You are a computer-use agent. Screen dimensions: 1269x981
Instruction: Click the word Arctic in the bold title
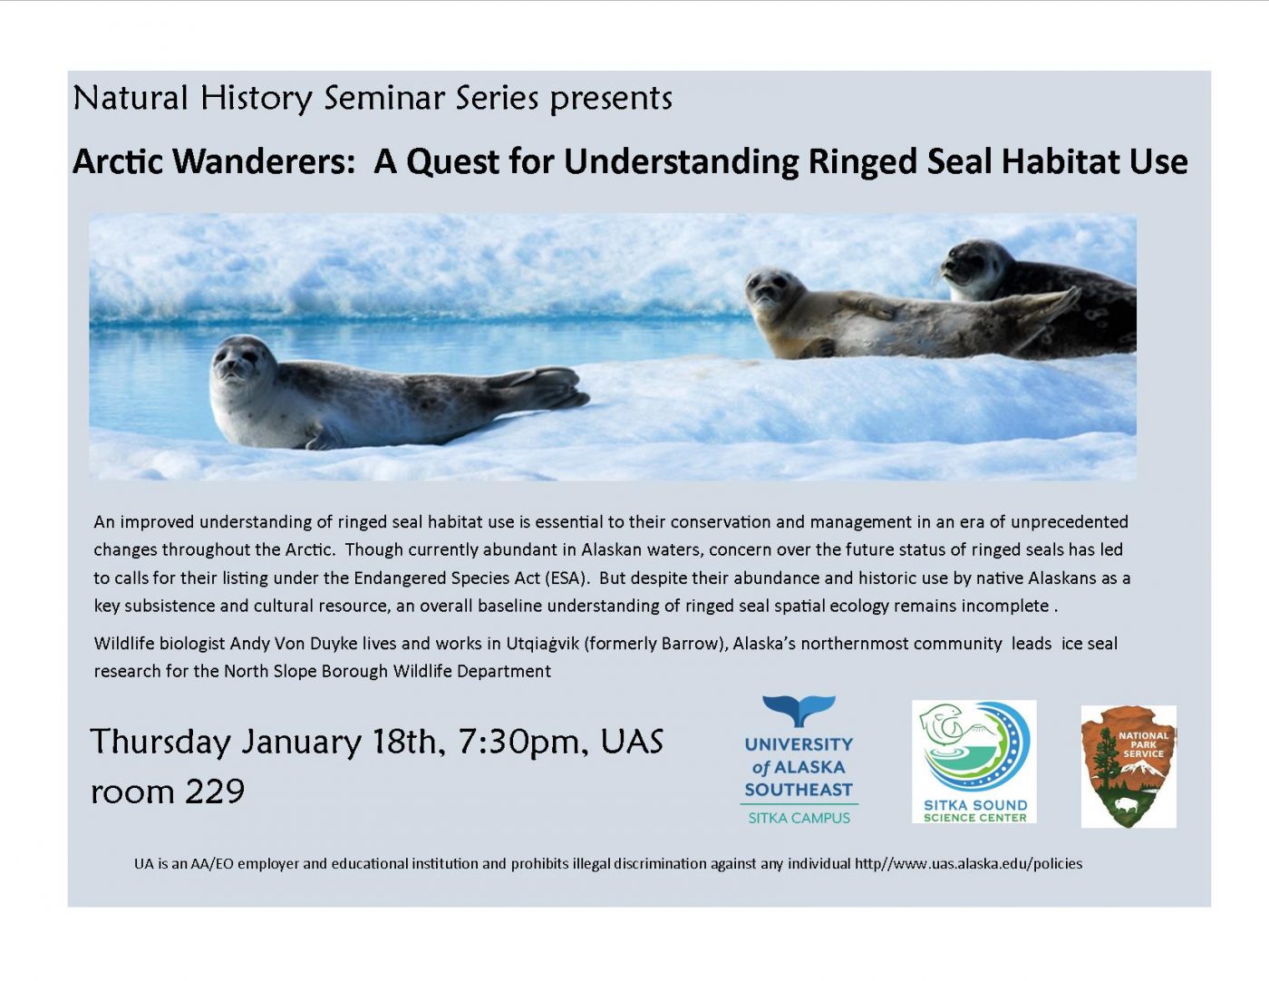[117, 161]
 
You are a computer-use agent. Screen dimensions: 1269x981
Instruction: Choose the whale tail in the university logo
[799, 710]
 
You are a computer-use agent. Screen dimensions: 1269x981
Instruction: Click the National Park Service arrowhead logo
[1129, 766]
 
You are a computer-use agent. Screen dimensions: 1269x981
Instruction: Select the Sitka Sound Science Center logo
[974, 762]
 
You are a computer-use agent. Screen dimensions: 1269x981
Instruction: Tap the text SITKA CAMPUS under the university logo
[799, 818]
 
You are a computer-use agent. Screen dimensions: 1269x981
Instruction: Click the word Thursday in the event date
[160, 743]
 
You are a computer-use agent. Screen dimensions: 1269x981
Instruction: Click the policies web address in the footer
[968, 864]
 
